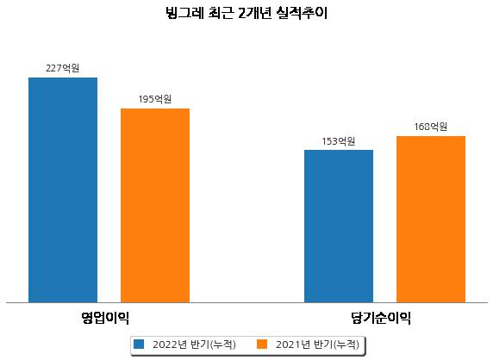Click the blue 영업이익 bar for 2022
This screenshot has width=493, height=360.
63,190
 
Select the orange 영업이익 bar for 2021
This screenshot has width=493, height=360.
155,206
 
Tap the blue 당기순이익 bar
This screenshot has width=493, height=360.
339,227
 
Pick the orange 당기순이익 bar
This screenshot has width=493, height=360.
431,220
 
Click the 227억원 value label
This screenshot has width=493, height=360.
63,68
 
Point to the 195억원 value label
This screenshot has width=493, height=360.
155,99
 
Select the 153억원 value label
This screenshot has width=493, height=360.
339,141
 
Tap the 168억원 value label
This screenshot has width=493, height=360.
431,127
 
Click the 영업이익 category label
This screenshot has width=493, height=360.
105,318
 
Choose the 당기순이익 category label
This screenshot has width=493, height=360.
381,318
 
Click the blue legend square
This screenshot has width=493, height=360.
139,344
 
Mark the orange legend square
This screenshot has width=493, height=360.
262,344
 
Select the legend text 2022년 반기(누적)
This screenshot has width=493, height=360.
194,344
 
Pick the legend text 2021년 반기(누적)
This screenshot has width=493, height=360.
317,344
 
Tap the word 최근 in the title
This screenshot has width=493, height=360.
221,13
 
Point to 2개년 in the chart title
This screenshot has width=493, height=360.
254,13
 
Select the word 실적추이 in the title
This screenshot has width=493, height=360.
302,13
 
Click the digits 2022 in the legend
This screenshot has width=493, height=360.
165,344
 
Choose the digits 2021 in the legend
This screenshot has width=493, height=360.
288,344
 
